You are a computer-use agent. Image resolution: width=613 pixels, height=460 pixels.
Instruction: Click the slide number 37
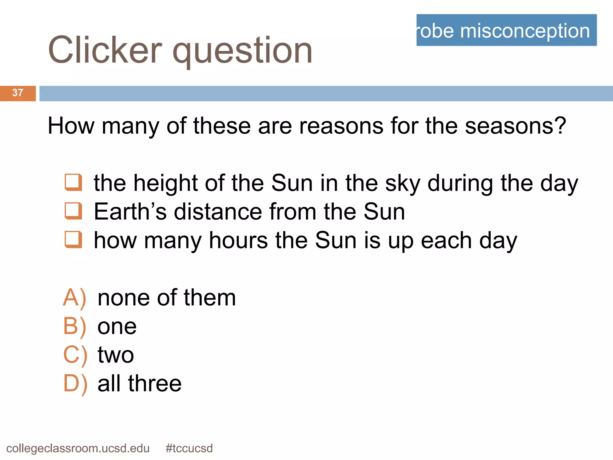point(18,93)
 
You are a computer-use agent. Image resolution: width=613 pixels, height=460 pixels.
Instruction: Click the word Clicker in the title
point(105,50)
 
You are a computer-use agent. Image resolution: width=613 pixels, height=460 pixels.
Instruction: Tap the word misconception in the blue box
point(525,31)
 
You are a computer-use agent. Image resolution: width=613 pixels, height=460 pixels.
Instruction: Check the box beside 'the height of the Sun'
point(73,182)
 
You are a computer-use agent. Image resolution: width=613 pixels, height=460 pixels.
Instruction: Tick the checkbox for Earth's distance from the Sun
point(73,211)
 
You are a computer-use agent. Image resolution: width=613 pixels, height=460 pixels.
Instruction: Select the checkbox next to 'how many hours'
point(73,240)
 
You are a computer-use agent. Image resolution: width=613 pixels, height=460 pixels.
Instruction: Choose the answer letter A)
point(75,298)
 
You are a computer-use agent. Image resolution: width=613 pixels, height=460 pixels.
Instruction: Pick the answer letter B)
point(75,326)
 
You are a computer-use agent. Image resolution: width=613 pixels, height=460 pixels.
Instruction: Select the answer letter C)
point(75,355)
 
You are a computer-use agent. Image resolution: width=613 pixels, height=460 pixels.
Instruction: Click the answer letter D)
point(75,384)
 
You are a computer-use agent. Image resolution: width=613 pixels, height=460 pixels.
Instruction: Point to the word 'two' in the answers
point(116,355)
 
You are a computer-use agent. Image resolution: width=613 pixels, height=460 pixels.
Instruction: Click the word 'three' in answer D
point(155,384)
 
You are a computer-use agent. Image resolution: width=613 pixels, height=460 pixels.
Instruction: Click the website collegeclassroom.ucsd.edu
point(78,448)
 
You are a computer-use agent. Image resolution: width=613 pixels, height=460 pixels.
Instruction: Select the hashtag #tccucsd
point(189,448)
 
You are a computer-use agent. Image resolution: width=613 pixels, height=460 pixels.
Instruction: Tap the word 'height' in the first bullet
point(165,183)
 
